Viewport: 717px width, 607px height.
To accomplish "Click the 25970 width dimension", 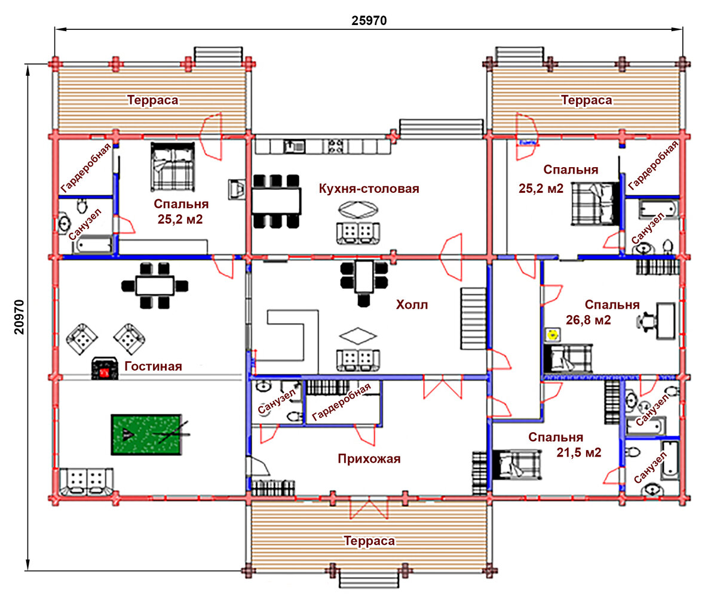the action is pos(369,21).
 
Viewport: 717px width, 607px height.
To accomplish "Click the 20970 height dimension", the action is pos(20,317).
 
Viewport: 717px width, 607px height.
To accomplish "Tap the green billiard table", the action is pos(146,435).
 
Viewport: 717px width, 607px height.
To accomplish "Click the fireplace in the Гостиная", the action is pos(105,368).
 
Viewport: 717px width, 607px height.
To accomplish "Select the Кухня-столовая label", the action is pos(369,189).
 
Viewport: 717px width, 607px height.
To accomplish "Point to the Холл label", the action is pos(412,305).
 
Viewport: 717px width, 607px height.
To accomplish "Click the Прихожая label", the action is pos(369,459).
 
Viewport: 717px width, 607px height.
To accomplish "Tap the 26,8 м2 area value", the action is pos(589,320).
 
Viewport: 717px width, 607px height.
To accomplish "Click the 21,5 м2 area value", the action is pos(578,452).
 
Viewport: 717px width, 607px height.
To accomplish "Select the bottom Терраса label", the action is pos(369,541).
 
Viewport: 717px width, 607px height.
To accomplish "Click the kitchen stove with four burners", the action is pos(335,146).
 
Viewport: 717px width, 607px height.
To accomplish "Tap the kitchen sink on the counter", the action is pos(294,146).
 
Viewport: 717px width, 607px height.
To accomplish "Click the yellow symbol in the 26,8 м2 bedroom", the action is pos(551,335).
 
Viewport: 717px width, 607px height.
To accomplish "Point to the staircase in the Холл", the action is pos(473,318).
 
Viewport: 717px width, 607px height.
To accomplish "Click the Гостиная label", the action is pos(153,366).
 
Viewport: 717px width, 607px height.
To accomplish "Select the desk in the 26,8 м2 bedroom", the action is pos(666,321).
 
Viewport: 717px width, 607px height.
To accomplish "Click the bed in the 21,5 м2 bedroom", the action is pos(517,464).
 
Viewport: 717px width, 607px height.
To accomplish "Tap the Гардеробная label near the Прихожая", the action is pos(341,402).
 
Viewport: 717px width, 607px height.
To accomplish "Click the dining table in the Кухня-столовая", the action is pos(276,201).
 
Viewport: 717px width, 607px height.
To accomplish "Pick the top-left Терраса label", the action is pos(152,100).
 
